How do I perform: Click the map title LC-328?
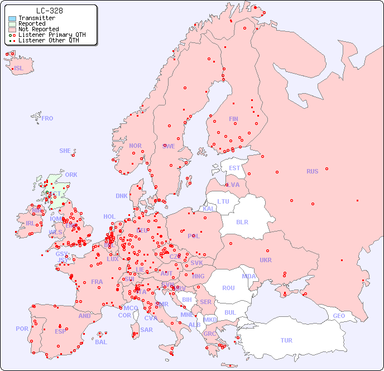pos(49,11)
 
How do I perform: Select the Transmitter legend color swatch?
pos(12,18)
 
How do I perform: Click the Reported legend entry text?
pos(32,23)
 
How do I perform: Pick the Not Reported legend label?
pos(38,29)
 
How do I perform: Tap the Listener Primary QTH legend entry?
pos(52,35)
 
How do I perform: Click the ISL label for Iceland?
pos(19,69)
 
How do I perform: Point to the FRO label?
pos(47,118)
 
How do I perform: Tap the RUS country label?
pos(312,171)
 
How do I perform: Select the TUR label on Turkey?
pos(286,340)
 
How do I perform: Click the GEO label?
pos(339,316)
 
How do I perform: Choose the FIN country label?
pos(233,119)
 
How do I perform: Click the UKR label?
pos(266,260)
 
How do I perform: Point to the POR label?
pos(22,329)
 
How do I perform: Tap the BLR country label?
pos(242,221)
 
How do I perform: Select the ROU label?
pos(228,288)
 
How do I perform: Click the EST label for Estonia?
pos(234,168)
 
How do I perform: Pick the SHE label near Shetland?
pos(65,151)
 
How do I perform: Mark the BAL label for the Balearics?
pos(101,342)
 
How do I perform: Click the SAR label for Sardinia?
pos(146,330)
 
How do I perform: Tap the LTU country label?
pos(223,201)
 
